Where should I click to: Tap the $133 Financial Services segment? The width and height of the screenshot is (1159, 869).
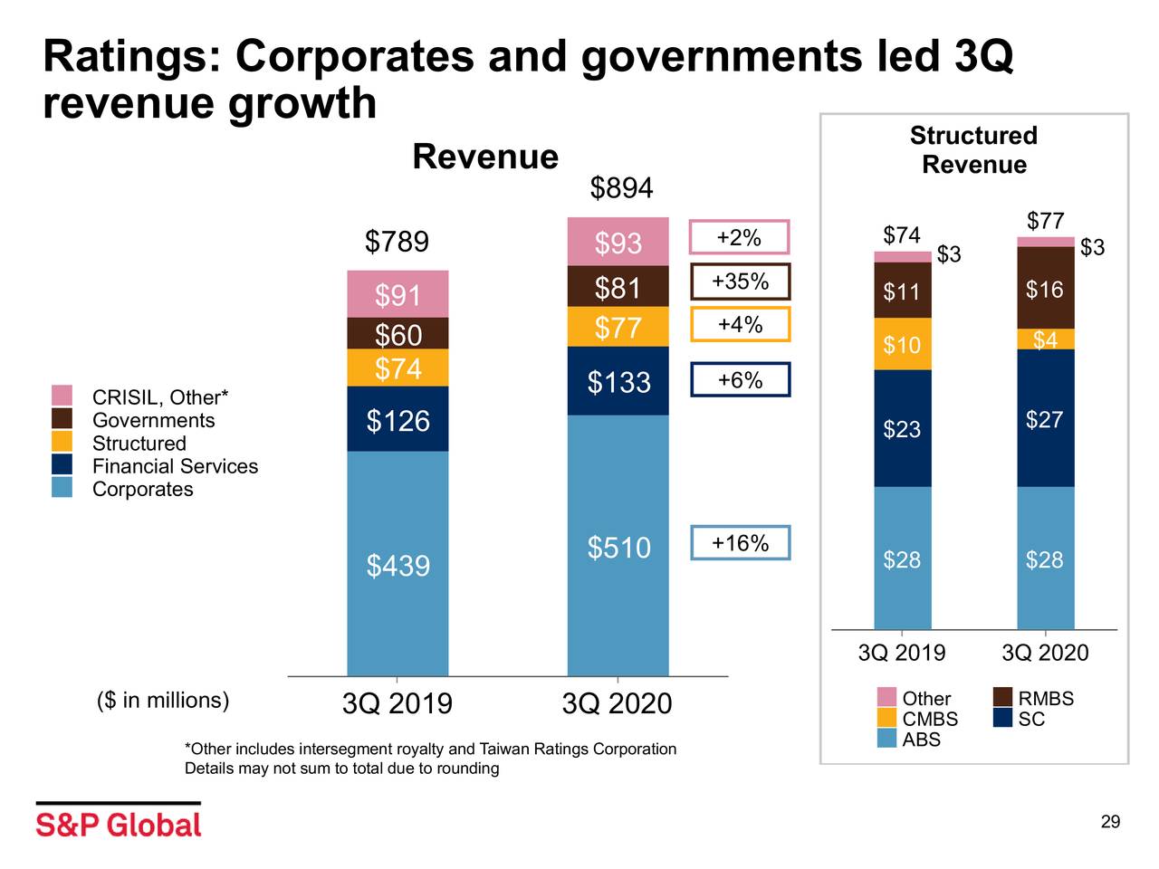pyautogui.click(x=618, y=382)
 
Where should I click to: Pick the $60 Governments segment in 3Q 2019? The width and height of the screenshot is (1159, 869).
pyautogui.click(x=398, y=334)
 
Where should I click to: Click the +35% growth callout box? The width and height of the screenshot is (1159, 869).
pyautogui.click(x=740, y=282)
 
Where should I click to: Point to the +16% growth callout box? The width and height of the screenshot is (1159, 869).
pyautogui.click(x=740, y=543)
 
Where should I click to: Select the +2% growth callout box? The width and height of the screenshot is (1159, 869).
pyautogui.click(x=740, y=237)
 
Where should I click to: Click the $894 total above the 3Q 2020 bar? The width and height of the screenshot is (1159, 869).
pyautogui.click(x=621, y=188)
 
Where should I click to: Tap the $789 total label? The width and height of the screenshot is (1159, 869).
pyautogui.click(x=397, y=243)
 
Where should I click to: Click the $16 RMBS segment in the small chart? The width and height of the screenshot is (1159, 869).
pyautogui.click(x=1045, y=289)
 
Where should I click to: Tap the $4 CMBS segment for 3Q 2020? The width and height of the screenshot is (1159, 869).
pyautogui.click(x=1045, y=339)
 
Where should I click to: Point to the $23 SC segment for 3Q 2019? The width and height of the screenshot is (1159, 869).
pyautogui.click(x=902, y=429)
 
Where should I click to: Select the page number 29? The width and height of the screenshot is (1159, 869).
pyautogui.click(x=1110, y=822)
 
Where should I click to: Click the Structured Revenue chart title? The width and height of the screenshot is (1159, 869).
pyautogui.click(x=973, y=150)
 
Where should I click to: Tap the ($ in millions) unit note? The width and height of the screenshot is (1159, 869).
pyautogui.click(x=163, y=701)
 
